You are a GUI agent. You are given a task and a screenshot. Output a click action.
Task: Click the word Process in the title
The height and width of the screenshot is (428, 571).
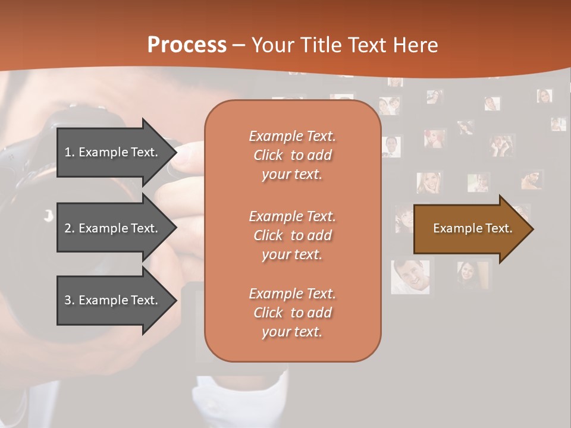coord(187,45)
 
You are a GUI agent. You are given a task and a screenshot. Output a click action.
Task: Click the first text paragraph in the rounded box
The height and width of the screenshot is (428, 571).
coord(292,155)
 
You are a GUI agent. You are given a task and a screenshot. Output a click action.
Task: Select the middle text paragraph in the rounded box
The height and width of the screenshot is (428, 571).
coord(292,235)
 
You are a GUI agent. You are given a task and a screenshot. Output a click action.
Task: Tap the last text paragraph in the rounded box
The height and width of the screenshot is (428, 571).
coord(292,313)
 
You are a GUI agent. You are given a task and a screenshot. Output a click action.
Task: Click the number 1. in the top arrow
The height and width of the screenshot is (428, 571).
coord(70,152)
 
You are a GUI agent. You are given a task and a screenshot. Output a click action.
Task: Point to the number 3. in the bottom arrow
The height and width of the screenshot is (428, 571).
coord(70,300)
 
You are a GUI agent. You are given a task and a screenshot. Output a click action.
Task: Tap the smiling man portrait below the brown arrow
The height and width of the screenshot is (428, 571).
coord(411,275)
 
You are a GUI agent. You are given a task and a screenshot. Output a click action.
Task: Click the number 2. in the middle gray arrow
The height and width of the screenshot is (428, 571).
coord(70,228)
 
